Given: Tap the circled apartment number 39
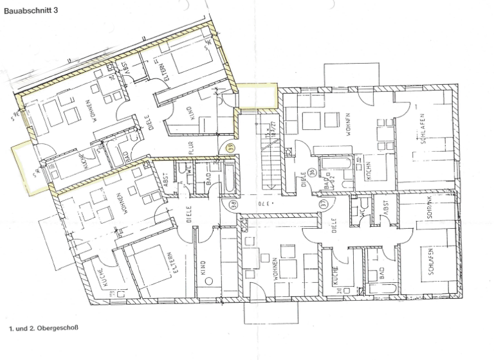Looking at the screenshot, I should (x=230, y=148).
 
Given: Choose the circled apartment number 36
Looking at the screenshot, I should (x=311, y=172).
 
